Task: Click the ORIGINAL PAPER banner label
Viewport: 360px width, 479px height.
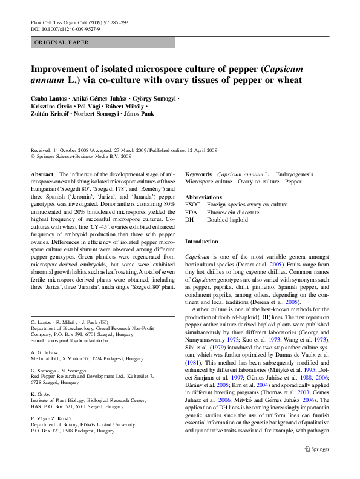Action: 62,42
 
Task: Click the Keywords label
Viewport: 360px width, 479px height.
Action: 198,174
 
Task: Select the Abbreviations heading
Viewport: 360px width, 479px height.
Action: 203,197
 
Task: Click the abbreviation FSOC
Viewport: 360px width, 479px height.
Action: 192,205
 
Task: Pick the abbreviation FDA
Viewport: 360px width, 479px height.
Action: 191,213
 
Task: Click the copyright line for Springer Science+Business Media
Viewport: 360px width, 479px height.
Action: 80,156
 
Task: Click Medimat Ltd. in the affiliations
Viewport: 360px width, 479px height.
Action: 47,359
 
